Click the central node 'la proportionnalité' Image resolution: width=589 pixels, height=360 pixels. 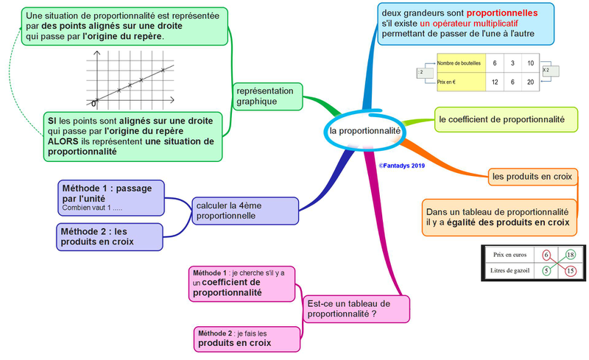(364, 131)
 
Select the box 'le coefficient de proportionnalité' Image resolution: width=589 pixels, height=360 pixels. (506, 119)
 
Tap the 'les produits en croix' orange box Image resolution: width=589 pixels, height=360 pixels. (532, 177)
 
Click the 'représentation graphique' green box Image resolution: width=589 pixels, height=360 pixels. (267, 96)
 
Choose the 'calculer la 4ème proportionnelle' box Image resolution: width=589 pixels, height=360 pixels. (245, 211)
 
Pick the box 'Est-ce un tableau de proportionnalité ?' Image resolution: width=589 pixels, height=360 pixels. (356, 309)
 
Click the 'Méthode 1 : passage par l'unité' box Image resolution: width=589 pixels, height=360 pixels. (111, 198)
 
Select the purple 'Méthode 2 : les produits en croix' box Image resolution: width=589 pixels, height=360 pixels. (110, 237)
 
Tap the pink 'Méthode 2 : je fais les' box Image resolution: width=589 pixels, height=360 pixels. (247, 339)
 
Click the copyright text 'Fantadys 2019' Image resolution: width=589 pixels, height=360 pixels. (402, 166)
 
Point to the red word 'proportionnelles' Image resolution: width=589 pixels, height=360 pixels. (502, 13)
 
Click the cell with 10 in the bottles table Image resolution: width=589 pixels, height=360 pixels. (530, 63)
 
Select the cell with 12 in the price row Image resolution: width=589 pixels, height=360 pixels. (495, 82)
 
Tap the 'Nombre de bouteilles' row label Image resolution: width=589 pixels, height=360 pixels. (459, 63)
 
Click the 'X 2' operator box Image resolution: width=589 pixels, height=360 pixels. (551, 71)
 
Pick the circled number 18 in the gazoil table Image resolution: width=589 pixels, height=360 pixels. (570, 255)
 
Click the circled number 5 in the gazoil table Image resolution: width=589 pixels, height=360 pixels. (546, 271)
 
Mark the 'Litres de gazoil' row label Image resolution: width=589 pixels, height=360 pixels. (509, 271)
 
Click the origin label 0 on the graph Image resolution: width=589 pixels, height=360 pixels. (94, 104)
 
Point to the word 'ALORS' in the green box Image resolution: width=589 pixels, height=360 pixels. (63, 141)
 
